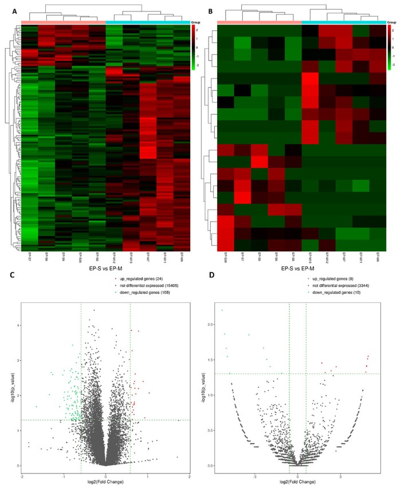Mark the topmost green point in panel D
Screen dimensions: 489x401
click(x=222, y=310)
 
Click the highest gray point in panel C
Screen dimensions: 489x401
click(x=94, y=310)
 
